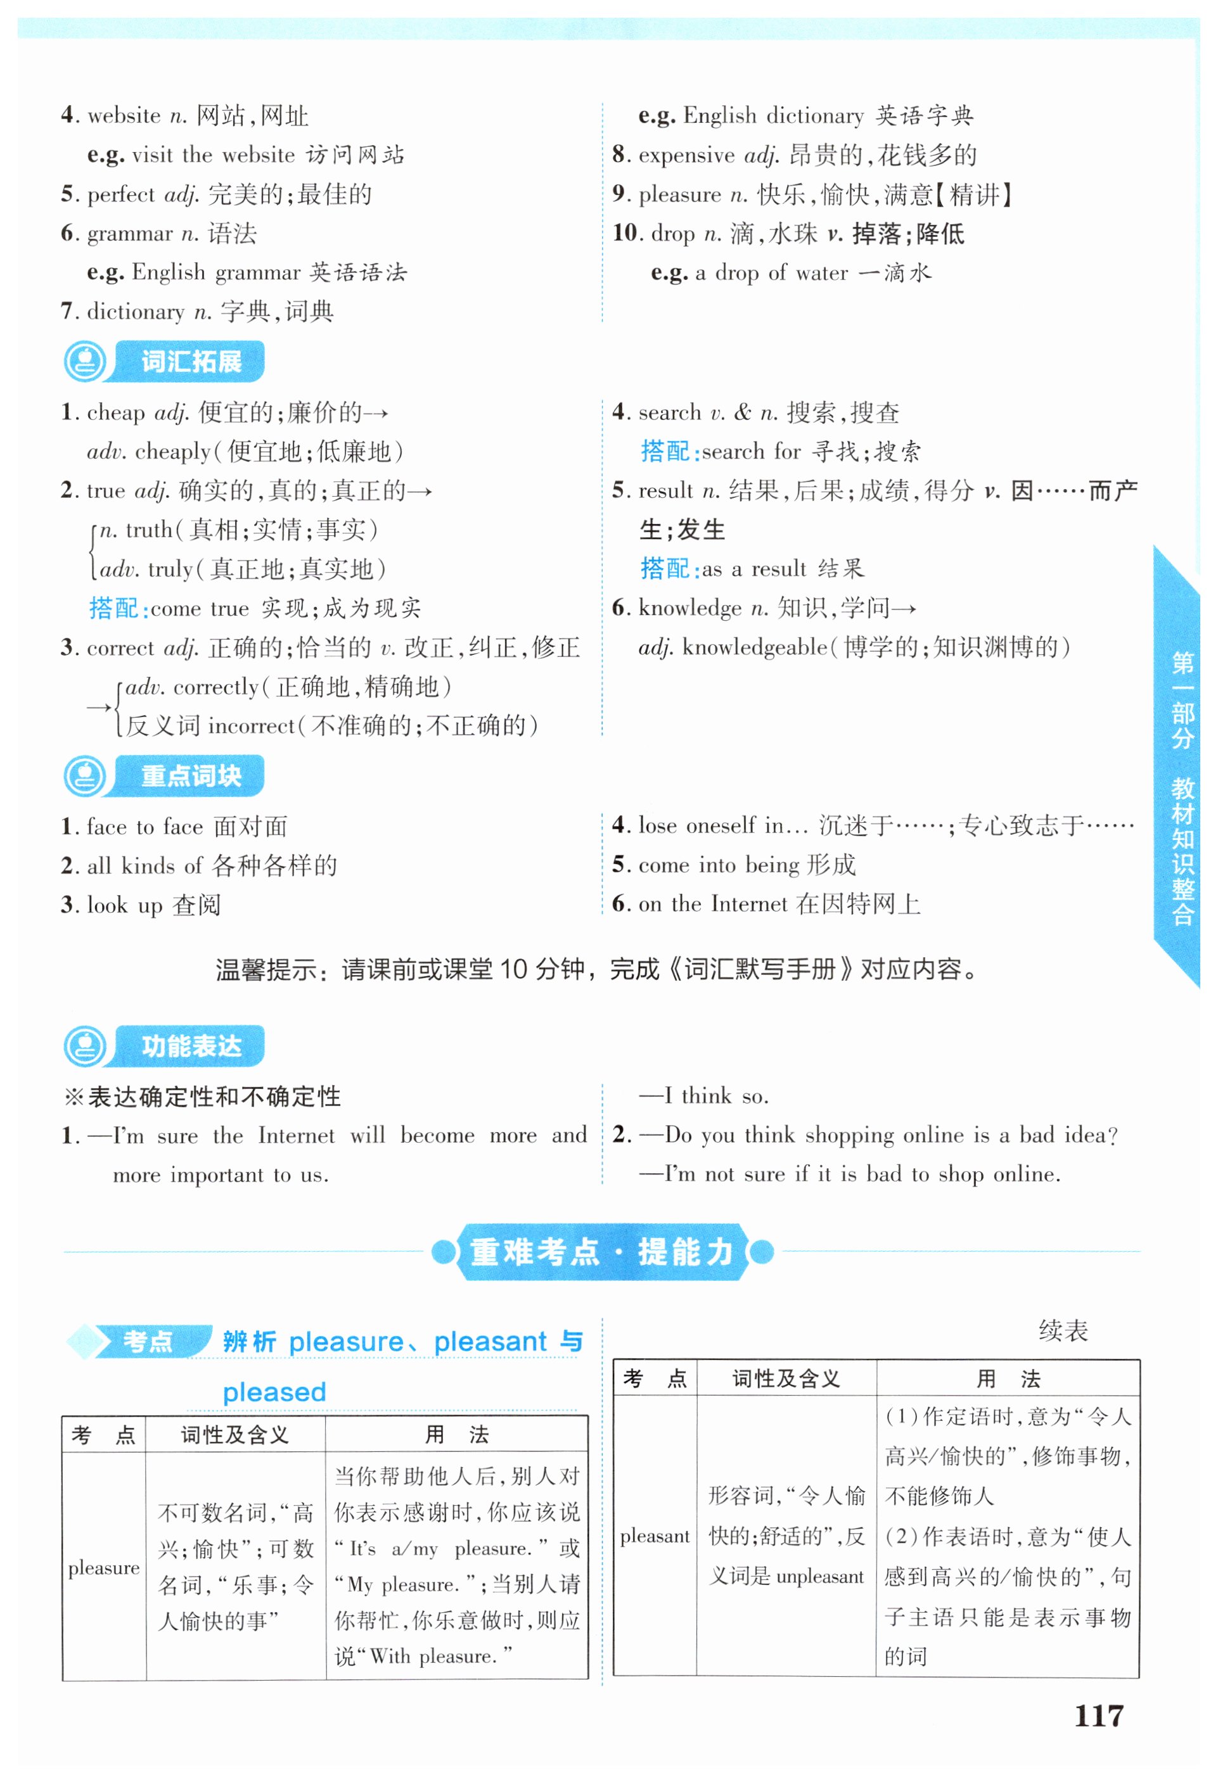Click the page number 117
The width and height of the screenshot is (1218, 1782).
pyautogui.click(x=1098, y=1715)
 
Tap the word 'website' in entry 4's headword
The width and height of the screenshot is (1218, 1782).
pyautogui.click(x=124, y=116)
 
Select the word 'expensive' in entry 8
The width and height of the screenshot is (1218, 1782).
pyautogui.click(x=686, y=156)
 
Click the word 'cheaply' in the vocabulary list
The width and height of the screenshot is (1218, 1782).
pyautogui.click(x=172, y=452)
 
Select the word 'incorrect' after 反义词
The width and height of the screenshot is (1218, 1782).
pyautogui.click(x=251, y=725)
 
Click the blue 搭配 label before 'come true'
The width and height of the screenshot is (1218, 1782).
pyautogui.click(x=113, y=608)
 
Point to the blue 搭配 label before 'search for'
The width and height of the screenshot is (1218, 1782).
pyautogui.click(x=665, y=452)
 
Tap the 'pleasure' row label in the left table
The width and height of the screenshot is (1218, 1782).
pyautogui.click(x=103, y=1568)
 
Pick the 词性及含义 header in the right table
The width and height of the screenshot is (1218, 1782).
pyautogui.click(x=786, y=1378)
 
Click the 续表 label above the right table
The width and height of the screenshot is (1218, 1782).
pyautogui.click(x=1063, y=1330)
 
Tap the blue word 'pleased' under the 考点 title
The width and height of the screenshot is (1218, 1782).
pyautogui.click(x=274, y=1392)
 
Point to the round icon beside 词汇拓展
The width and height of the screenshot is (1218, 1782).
pyautogui.click(x=85, y=361)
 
